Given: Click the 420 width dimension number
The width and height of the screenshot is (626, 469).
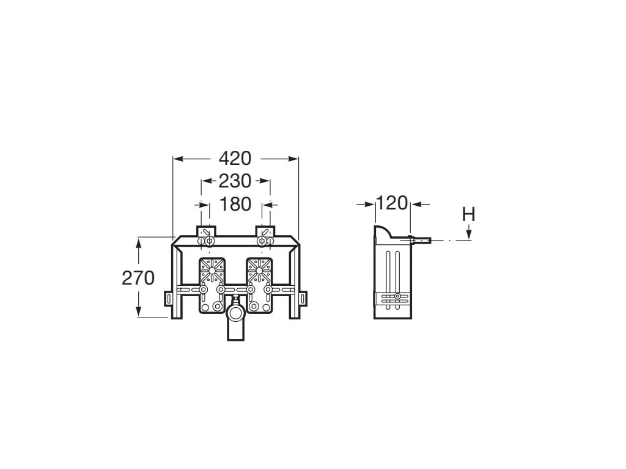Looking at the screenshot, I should (235, 158).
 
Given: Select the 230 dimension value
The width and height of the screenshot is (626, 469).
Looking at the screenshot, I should (235, 181).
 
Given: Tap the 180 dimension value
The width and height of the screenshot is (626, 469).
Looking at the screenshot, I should (235, 204).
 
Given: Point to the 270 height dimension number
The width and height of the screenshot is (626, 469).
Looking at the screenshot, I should (138, 278).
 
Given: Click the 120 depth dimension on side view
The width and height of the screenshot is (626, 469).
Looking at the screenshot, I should (392, 203).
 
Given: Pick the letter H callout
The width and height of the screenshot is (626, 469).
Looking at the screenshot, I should (468, 214).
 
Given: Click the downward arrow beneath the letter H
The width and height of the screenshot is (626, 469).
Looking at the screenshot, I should (468, 233).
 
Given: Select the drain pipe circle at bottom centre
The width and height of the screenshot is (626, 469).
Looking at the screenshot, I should (235, 314).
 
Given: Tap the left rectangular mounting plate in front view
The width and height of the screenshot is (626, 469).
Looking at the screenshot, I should (212, 285).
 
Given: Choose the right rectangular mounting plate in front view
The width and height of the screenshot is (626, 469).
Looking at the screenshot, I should (259, 285).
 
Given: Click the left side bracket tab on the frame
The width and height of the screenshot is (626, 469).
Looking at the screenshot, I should (168, 299).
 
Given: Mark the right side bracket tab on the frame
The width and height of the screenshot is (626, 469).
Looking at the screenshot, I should (304, 299).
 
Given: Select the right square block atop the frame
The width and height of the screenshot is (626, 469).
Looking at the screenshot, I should (265, 232).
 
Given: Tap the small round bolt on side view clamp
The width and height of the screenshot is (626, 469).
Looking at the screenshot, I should (397, 297).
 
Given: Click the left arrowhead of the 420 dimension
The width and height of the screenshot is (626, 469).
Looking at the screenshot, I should (178, 159).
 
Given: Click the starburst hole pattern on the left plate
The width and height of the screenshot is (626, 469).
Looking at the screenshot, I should (212, 269).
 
